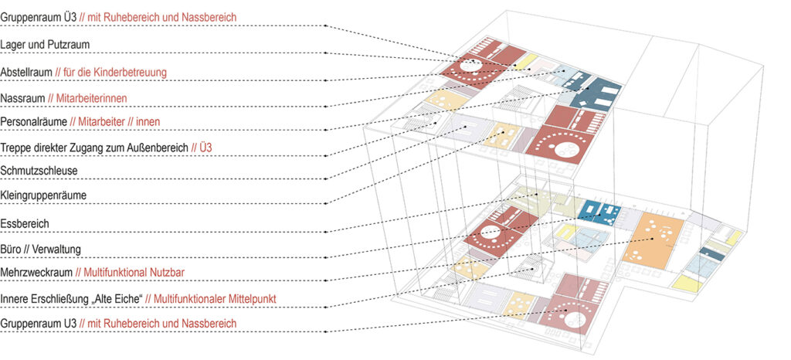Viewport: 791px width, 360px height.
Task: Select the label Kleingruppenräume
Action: [x=43, y=196]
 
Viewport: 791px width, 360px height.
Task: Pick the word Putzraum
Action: [x=69, y=45]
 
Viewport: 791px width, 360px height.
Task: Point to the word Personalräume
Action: [x=32, y=122]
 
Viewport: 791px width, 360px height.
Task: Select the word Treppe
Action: [x=15, y=147]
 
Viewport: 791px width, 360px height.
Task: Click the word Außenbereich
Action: [x=158, y=147]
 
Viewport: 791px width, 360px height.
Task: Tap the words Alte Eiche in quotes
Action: [x=118, y=297]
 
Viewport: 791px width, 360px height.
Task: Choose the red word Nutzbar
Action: [x=169, y=273]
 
